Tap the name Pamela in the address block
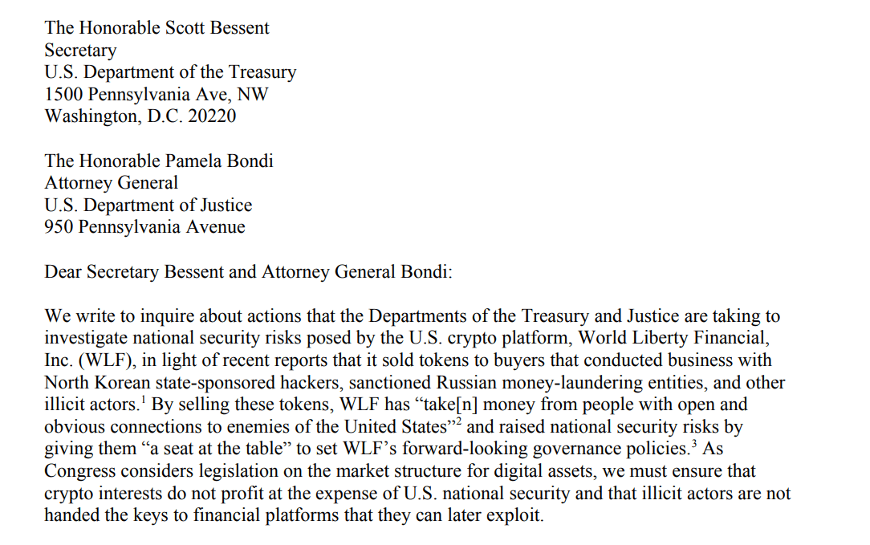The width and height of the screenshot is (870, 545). click(x=190, y=161)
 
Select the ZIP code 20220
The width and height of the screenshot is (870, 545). click(x=212, y=116)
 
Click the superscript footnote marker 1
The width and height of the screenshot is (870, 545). click(x=144, y=401)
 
